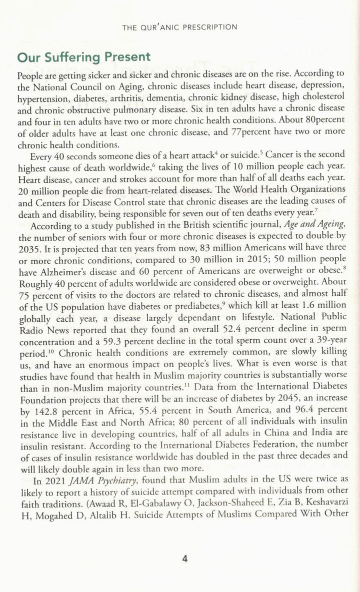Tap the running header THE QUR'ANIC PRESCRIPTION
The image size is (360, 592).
tap(179, 27)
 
